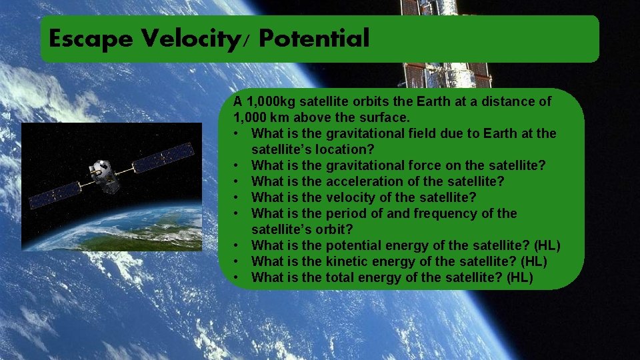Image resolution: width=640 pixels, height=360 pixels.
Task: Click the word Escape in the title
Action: pos(91,39)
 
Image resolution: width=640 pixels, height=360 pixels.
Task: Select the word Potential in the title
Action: pos(314,39)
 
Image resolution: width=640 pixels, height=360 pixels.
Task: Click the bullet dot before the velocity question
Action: pos(236,197)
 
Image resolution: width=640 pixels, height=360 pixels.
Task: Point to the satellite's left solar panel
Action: pos(54,195)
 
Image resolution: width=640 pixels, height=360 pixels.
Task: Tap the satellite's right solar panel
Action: pos(163,157)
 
